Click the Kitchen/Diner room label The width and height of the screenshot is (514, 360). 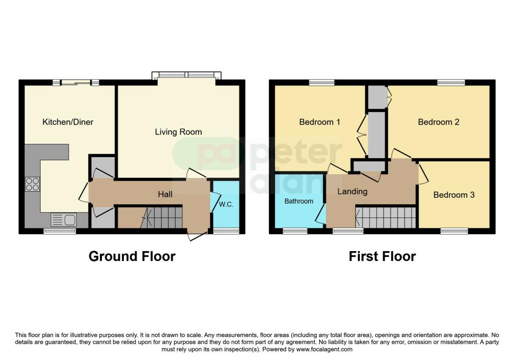coord(68,122)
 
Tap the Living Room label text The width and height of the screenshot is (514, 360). coord(178,132)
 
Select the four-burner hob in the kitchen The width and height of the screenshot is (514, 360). coord(33,184)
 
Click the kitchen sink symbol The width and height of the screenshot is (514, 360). coord(63,220)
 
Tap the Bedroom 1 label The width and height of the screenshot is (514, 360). coord(320,122)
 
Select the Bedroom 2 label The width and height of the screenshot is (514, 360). coord(439,122)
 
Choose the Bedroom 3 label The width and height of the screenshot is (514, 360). coord(454,195)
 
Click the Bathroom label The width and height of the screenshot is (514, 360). coord(299,201)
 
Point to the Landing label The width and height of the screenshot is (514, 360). coord(352,191)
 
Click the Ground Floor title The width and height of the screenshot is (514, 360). coord(132,256)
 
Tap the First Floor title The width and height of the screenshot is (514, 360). coord(382,256)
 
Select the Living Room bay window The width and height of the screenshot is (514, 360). coord(187,75)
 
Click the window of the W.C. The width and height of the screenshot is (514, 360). coord(226,231)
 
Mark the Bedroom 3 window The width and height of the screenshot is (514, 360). coord(454,231)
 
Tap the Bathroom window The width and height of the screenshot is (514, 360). coord(295,231)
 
